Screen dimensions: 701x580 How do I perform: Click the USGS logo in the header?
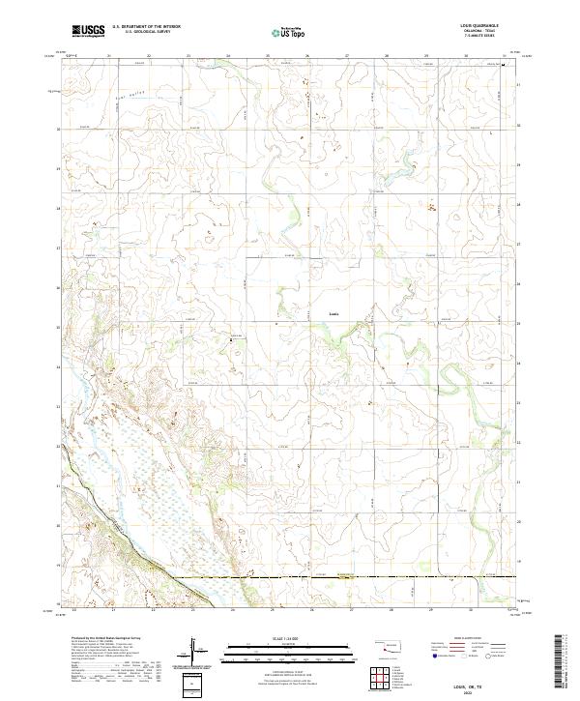coord(88,31)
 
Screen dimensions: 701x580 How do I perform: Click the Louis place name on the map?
coord(334,312)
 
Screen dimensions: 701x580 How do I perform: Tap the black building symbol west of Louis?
coord(231,337)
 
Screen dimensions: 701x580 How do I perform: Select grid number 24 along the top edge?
coord(228,56)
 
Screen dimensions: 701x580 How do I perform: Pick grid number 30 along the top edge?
coord(466,56)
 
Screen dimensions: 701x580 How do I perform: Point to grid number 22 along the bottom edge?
coord(151,609)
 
